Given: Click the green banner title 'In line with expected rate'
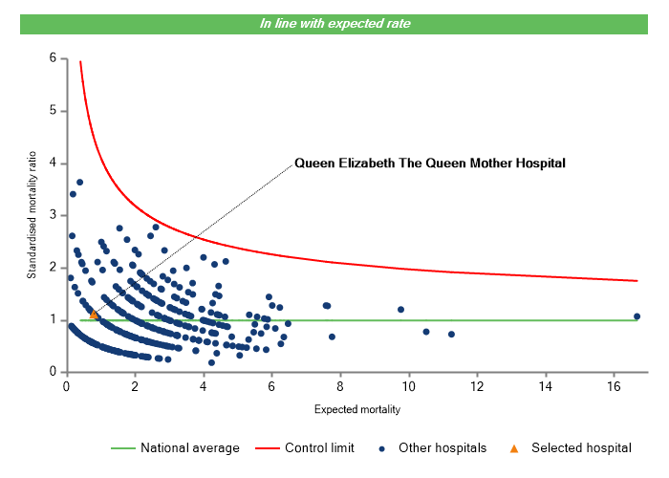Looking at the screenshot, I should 334,23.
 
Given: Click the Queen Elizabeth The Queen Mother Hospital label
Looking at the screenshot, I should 430,163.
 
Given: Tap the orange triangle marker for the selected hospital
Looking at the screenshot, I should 93,314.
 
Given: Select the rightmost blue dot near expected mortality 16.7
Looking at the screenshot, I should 637,316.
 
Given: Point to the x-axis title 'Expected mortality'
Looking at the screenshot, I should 356,410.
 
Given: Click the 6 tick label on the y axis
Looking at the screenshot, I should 53,59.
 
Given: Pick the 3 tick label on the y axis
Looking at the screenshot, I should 53,216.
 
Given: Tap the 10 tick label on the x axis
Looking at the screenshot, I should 408,386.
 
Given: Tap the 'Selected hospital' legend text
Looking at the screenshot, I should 582,447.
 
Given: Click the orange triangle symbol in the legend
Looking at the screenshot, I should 513,447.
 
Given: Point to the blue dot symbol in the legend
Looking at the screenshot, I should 382,447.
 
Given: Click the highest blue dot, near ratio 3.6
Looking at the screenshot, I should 80,182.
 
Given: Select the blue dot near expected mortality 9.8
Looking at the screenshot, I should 400,310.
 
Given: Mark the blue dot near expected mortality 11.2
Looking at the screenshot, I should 451,334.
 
